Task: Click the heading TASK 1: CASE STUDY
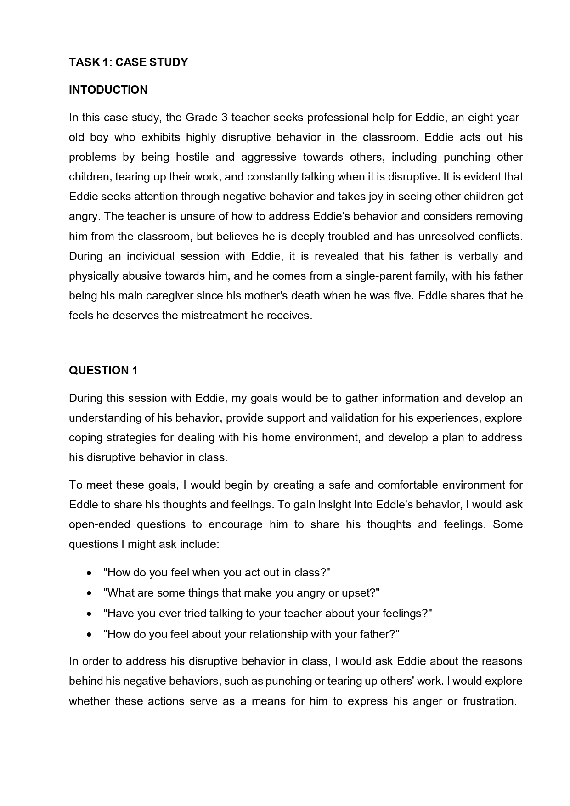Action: pyautogui.click(x=128, y=62)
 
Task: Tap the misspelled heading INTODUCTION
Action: pyautogui.click(x=108, y=90)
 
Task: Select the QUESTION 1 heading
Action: pyautogui.click(x=103, y=371)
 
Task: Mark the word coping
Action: pyautogui.click(x=86, y=438)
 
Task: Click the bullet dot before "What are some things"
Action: pyautogui.click(x=89, y=593)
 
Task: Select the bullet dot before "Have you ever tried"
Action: pyautogui.click(x=89, y=614)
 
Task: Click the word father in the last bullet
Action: pyautogui.click(x=372, y=635)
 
